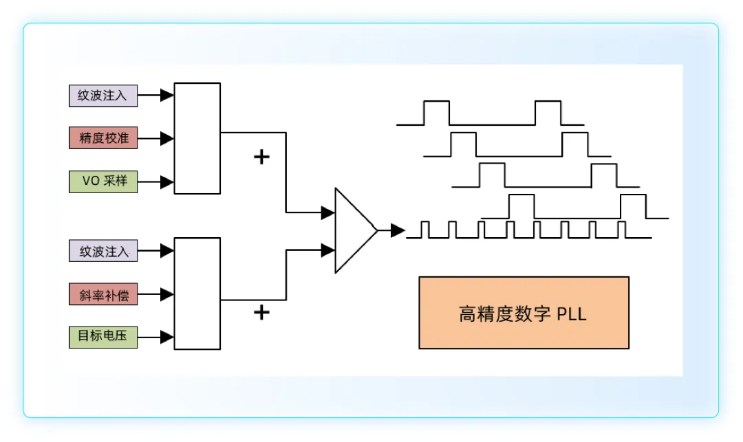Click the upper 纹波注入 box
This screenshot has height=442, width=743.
click(x=103, y=96)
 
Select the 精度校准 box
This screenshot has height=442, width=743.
click(x=103, y=137)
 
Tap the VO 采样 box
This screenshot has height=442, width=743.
click(x=103, y=181)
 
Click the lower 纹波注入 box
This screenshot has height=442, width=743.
click(x=103, y=250)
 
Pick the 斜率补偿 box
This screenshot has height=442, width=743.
click(x=103, y=294)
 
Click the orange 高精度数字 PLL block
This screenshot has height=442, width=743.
click(x=524, y=313)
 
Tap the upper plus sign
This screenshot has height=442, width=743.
click(x=261, y=157)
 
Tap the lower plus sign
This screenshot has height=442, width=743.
click(x=261, y=312)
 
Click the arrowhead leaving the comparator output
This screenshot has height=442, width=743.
click(x=398, y=230)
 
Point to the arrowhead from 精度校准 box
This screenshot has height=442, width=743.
click(x=166, y=139)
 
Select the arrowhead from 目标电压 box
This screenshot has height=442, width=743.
click(x=166, y=338)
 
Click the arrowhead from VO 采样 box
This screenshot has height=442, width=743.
click(x=166, y=181)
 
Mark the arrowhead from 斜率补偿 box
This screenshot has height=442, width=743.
click(x=166, y=294)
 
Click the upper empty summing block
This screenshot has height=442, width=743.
click(x=197, y=138)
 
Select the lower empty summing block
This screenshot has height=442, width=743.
click(x=197, y=294)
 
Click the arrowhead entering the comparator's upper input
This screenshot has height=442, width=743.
click(x=328, y=212)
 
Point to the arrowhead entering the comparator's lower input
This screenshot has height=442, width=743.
click(x=328, y=250)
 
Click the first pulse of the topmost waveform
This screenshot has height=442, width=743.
click(x=436, y=113)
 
